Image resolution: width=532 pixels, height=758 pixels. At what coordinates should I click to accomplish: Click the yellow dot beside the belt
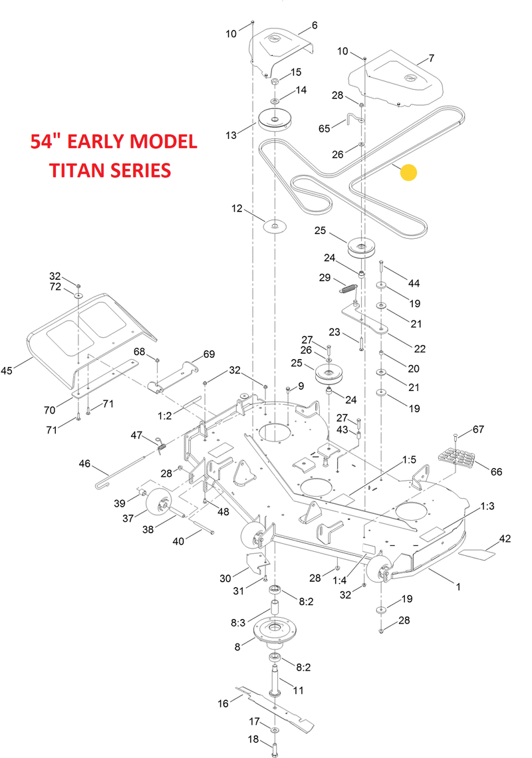tap(409, 173)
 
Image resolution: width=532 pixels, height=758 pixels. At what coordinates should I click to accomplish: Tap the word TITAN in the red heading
tap(75, 170)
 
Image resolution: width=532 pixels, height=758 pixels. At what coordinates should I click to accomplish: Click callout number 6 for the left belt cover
tap(315, 25)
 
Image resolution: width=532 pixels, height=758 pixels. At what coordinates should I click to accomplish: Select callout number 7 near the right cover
tap(431, 59)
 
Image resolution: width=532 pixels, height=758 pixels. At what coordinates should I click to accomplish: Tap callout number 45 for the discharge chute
tap(7, 370)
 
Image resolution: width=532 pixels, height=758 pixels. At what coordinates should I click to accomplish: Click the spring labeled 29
tap(348, 288)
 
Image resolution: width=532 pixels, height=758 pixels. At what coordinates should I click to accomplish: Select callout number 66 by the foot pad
tap(496, 471)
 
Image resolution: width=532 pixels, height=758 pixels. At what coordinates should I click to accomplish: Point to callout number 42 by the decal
tap(505, 539)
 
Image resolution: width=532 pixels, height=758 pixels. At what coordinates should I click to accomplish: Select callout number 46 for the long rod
tap(84, 463)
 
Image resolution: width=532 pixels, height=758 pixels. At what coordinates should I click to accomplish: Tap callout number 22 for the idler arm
tap(420, 348)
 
